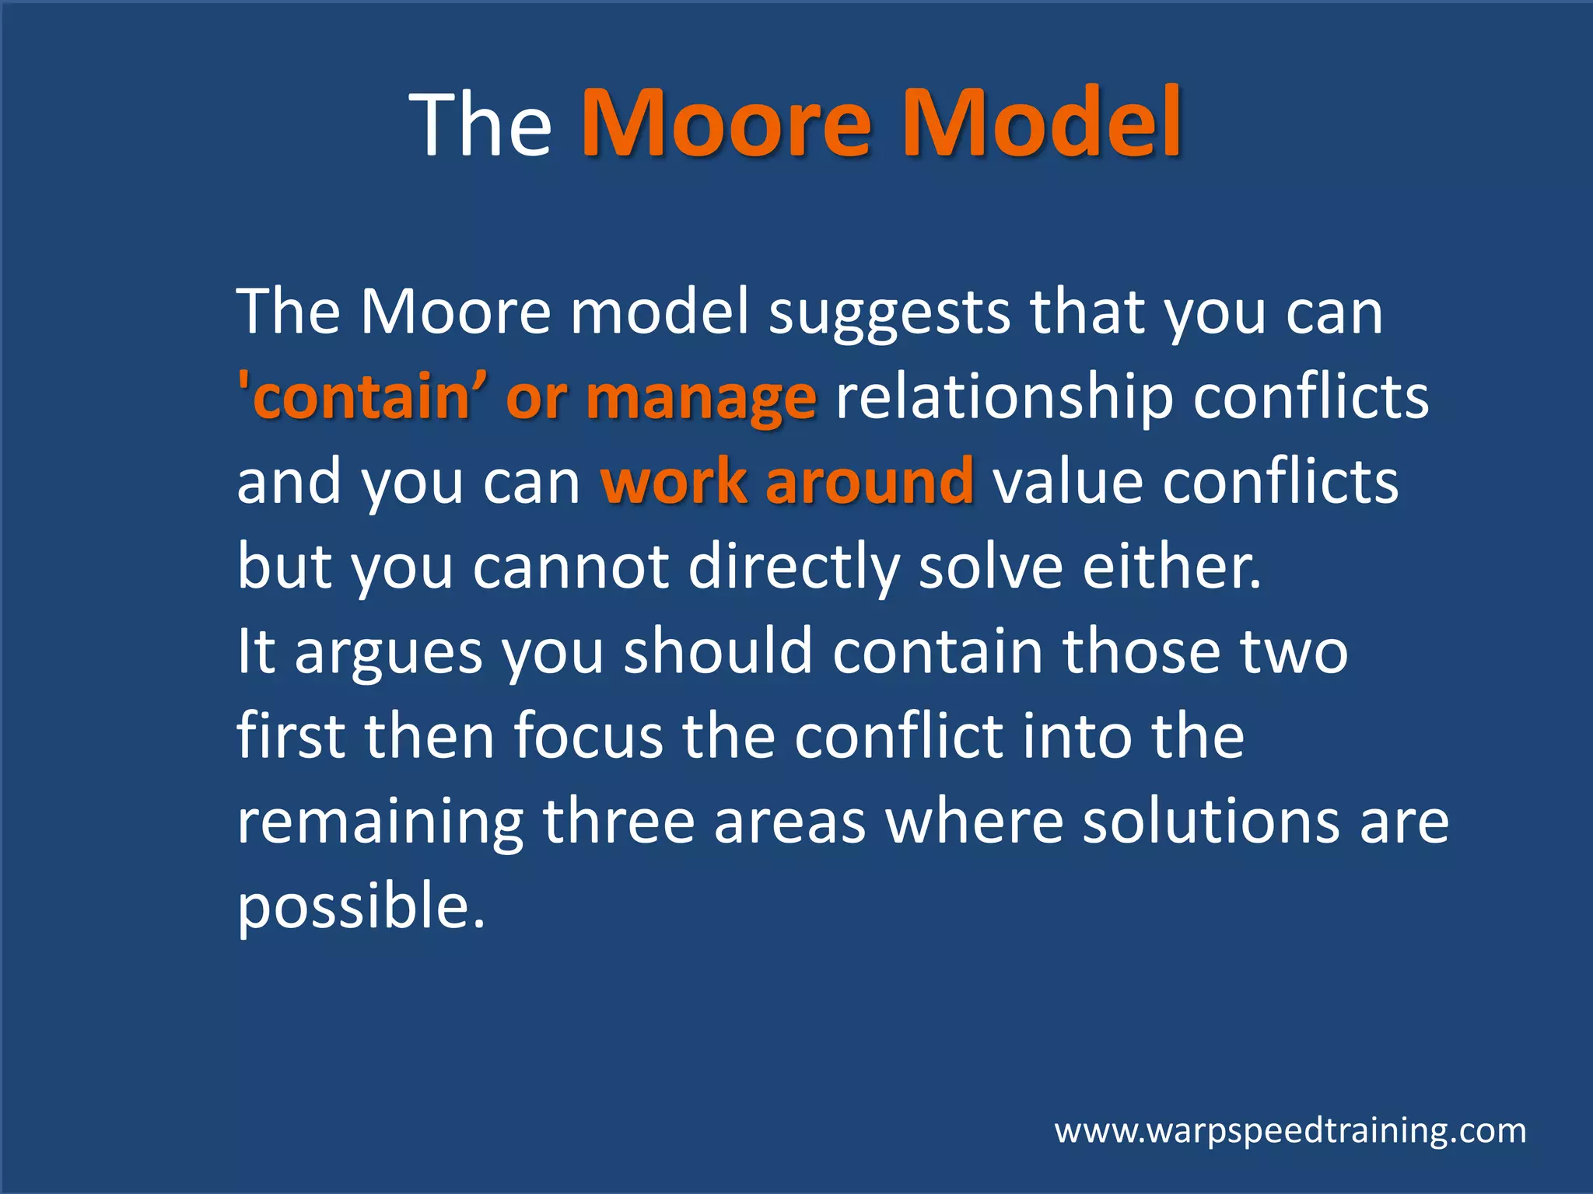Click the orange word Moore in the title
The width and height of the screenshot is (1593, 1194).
point(726,124)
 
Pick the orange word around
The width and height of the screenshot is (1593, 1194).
point(869,482)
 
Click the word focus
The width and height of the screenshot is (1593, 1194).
point(588,737)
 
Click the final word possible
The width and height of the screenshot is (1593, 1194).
point(360,908)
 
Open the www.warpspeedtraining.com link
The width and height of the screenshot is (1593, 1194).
point(1290,1131)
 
